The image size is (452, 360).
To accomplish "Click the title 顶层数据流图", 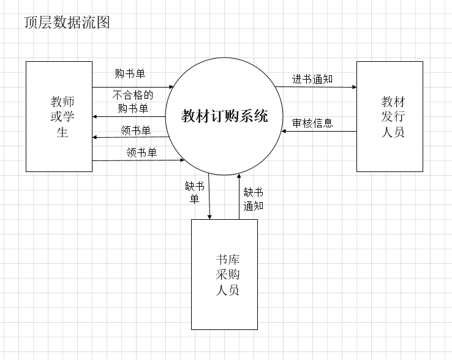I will coord(67,23).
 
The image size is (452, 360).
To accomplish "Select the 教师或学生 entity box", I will coord(59,116).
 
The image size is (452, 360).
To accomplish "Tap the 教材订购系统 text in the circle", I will coord(224,116).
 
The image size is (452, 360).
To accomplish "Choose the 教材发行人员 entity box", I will coord(390,116).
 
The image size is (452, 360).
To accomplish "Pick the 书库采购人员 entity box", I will coord(224,274).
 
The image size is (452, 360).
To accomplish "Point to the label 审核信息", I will coord(312,123).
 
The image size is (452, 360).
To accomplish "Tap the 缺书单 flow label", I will coord(194,192).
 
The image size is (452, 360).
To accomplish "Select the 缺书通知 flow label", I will coord(253,199).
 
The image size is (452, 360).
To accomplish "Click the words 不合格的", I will coord(132,96).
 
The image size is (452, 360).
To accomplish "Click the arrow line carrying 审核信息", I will coord(318,131).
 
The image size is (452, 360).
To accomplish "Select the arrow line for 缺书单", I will coord(209,196).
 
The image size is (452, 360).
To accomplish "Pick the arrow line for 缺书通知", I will coord(239,196).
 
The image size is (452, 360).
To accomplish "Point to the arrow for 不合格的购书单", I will coord(129,116).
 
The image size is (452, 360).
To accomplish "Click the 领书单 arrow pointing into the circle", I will coord(138,160).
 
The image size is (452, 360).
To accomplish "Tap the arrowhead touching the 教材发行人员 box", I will coord(353,87).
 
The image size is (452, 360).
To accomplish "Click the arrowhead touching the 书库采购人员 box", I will coord(210,216).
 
